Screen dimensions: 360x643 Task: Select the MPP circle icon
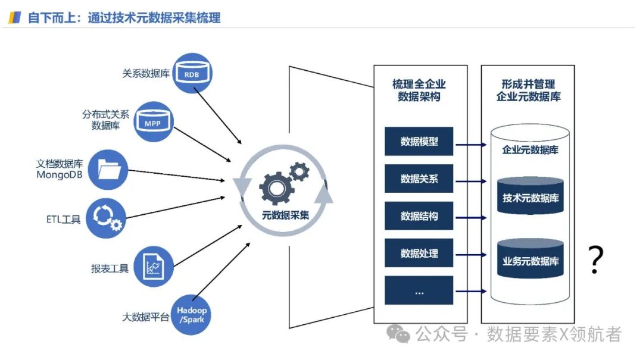153,121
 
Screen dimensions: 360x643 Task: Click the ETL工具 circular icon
106,218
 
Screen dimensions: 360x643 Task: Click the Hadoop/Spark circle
192,315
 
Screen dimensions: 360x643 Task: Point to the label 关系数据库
146,74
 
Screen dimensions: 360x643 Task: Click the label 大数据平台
146,317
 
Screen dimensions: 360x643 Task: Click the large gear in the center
276,187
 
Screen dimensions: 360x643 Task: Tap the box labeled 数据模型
419,142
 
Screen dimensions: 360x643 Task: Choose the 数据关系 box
419,179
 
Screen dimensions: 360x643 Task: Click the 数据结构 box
419,216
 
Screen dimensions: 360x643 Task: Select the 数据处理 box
419,253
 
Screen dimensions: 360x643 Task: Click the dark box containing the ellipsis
419,290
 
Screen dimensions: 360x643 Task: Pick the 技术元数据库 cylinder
530,196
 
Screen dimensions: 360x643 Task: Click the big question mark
595,259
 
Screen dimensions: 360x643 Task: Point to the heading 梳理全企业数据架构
419,90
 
